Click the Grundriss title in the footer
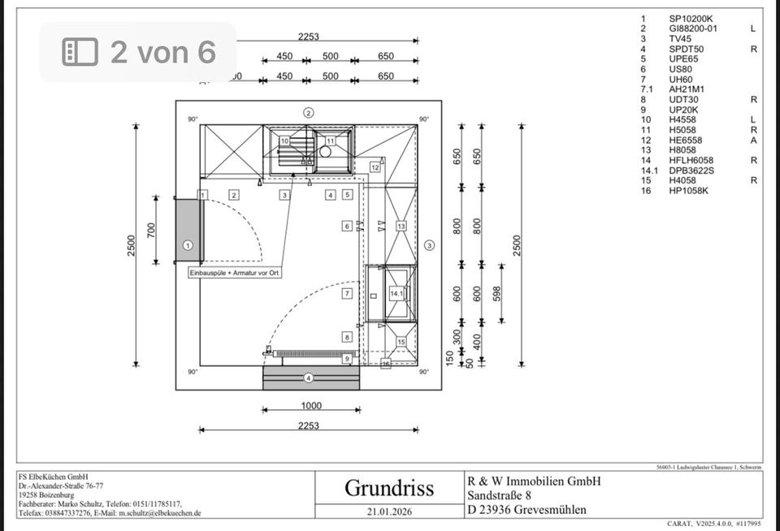tap(389, 488)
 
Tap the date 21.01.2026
tap(389, 512)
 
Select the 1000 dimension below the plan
tap(310, 406)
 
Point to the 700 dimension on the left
tap(150, 230)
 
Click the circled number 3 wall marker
tap(430, 245)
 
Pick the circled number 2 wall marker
tap(309, 112)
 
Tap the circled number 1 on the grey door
tap(188, 244)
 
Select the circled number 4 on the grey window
tap(309, 378)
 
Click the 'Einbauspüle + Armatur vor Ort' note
tap(235, 274)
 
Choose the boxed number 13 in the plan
tap(401, 226)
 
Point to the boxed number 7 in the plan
tap(347, 293)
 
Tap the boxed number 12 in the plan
tap(375, 167)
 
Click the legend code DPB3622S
tap(691, 171)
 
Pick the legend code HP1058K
tap(689, 191)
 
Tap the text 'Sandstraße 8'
tap(500, 495)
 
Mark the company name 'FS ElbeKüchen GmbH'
tap(53, 477)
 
